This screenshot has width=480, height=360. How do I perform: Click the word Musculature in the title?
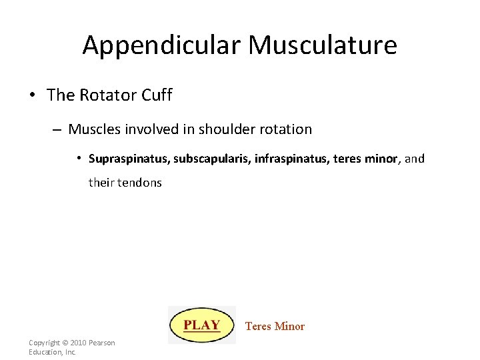323,46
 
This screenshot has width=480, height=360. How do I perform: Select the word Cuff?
157,95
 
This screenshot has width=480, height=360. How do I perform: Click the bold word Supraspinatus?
129,159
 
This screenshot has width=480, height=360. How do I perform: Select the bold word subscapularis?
212,159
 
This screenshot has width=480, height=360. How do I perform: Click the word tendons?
139,183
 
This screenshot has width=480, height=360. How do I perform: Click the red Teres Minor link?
275,326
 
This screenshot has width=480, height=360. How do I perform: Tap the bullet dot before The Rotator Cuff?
33,95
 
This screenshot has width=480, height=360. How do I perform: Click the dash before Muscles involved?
59,129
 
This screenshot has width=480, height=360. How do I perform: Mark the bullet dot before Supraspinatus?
79,159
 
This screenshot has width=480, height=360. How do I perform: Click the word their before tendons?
101,183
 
